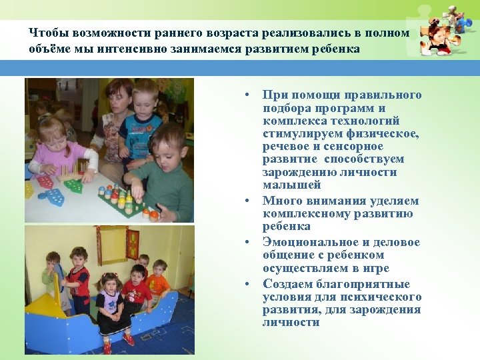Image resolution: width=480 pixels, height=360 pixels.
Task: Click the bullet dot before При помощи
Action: tap(247, 95)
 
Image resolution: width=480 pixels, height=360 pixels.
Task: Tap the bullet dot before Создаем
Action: tap(247, 284)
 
